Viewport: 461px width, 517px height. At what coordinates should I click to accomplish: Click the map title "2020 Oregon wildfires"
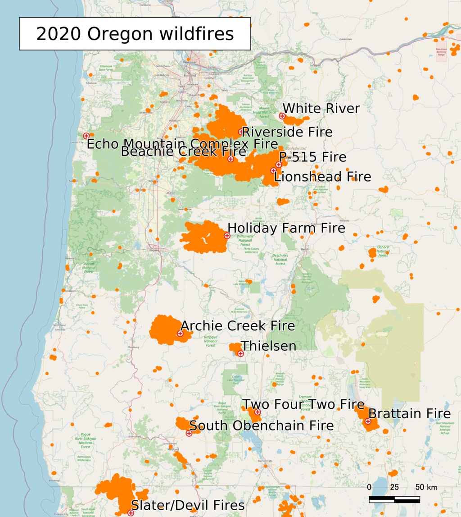tap(135, 34)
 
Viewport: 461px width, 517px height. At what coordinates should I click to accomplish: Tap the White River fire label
tap(321, 109)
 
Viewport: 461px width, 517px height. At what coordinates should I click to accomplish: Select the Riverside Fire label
tap(287, 132)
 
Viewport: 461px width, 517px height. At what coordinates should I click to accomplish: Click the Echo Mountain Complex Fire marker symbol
tap(86, 136)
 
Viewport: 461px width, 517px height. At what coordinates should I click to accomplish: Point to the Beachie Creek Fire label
tap(184, 151)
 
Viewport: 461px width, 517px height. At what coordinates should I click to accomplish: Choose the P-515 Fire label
tap(312, 157)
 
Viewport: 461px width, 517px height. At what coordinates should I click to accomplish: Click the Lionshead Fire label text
tap(322, 177)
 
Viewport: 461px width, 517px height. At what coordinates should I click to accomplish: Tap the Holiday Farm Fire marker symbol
tap(227, 236)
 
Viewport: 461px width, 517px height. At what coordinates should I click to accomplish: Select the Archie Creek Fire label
tap(238, 326)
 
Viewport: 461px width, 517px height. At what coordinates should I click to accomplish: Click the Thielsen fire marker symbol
tap(240, 354)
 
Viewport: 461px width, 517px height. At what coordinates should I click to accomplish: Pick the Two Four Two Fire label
tap(303, 404)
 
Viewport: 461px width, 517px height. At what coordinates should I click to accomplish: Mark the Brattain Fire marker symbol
tap(368, 421)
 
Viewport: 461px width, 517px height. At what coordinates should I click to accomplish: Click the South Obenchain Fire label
tap(262, 425)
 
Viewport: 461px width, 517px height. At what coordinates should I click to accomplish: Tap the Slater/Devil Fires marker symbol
tap(131, 513)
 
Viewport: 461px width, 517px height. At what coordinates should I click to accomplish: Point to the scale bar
tap(394, 499)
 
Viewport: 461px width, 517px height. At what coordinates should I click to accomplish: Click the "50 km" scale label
tap(425, 487)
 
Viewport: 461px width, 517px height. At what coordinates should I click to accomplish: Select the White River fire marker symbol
tap(282, 116)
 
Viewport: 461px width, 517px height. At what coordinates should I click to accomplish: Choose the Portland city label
tap(192, 75)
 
